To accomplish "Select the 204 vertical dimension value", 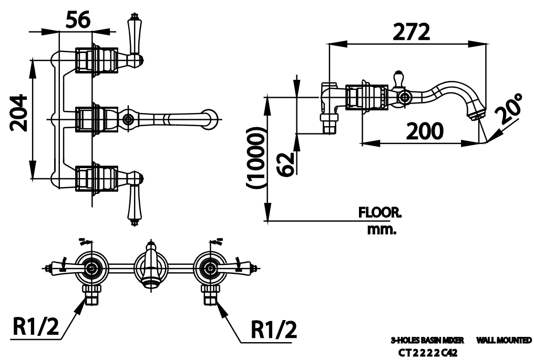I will (x=19, y=112).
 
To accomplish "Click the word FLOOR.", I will (x=379, y=213).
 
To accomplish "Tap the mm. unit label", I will (x=382, y=230).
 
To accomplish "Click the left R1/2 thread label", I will (x=36, y=327).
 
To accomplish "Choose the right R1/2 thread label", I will (x=273, y=330).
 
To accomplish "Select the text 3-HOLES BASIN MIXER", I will (x=427, y=341).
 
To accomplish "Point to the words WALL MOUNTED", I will (x=504, y=341).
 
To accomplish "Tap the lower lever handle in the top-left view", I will (x=133, y=204).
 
